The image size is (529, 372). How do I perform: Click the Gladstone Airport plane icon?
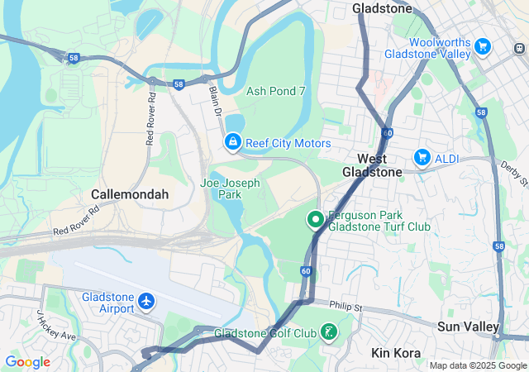click(x=147, y=302)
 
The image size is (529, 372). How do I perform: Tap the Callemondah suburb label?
click(x=130, y=194)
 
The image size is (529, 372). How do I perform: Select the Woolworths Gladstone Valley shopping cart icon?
click(x=483, y=46)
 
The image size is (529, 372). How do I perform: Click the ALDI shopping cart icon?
click(x=422, y=157)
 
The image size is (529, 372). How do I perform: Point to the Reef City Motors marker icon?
click(x=233, y=144)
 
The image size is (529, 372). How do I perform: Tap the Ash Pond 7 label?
click(x=276, y=91)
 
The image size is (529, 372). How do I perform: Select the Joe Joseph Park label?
click(x=230, y=188)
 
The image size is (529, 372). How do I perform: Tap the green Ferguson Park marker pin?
click(x=315, y=220)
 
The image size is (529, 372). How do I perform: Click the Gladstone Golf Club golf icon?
click(x=330, y=333)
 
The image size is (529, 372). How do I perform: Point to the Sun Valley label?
click(x=468, y=327)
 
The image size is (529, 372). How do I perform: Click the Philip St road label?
click(x=345, y=307)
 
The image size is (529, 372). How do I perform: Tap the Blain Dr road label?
click(x=217, y=100)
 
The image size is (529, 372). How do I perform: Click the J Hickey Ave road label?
click(x=55, y=327)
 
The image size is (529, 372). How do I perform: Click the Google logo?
click(x=27, y=362)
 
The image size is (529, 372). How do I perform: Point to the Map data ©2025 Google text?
click(x=477, y=365)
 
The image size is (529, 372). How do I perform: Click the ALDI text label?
click(x=448, y=157)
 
